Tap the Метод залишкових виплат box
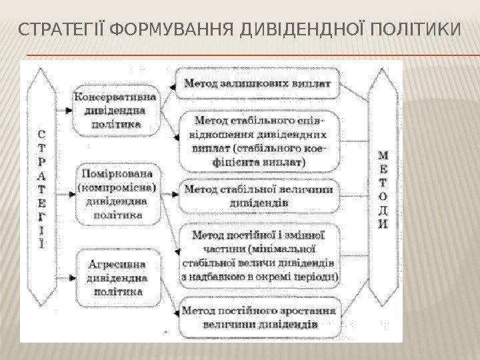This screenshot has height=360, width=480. pos(258,85)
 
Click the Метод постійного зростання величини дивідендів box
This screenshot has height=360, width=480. pos(259,317)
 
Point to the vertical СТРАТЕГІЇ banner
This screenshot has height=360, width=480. pos(43,187)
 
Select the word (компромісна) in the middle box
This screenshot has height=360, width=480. pos(116,187)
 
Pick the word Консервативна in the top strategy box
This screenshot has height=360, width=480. pos(115,97)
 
